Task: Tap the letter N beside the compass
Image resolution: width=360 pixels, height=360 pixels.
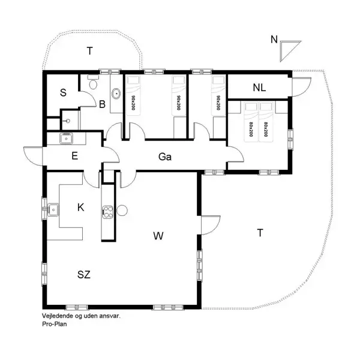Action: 274,40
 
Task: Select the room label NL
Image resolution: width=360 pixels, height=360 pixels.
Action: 259,87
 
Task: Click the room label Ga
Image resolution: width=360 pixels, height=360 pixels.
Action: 166,157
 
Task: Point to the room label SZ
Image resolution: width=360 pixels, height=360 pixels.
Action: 84,275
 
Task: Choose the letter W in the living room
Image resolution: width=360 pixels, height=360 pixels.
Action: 158,236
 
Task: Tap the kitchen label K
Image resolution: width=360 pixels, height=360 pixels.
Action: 81,208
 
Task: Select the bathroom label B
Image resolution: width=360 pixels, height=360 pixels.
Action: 103,104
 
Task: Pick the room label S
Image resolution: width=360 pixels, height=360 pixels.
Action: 64,92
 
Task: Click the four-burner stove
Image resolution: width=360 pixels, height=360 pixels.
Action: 108,211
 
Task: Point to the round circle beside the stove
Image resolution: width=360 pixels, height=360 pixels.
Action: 122,211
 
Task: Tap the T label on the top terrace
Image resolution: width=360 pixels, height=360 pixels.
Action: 89,51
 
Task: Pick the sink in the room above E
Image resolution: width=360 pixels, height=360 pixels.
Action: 67,139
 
